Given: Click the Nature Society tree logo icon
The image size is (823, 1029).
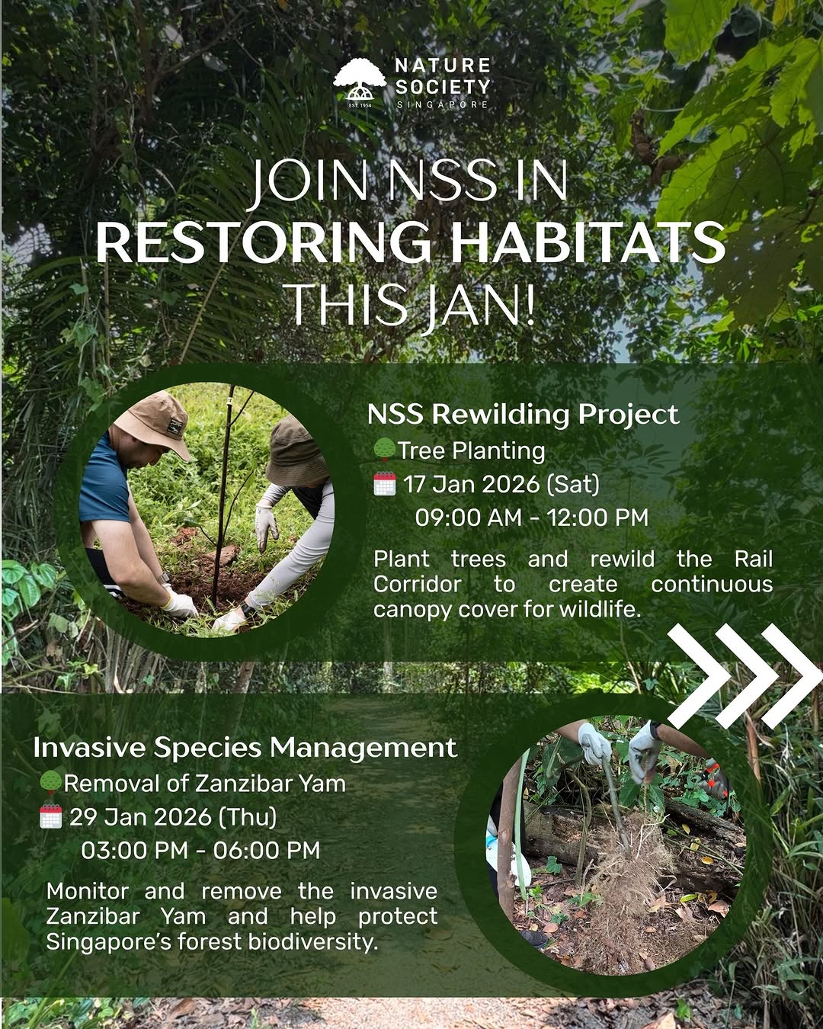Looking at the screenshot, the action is (x=360, y=82).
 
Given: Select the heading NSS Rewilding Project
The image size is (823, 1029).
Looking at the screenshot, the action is (x=523, y=414).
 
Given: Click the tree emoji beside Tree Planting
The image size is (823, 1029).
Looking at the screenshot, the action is (x=385, y=450).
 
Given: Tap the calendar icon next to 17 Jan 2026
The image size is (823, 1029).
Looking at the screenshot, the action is (x=385, y=483).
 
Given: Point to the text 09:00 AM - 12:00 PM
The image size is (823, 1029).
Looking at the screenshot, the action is (x=531, y=518).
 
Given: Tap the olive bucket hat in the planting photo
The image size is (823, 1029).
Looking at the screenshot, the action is (x=296, y=452).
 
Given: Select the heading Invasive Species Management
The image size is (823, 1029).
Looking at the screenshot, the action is (x=245, y=748).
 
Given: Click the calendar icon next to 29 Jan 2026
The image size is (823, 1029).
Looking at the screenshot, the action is (x=51, y=816).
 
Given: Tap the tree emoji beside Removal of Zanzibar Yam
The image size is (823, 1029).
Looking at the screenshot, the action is (x=51, y=783).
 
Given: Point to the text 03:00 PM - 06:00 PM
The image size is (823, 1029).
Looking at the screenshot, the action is (x=200, y=850).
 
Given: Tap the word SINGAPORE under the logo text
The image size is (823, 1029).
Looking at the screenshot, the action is (x=442, y=104).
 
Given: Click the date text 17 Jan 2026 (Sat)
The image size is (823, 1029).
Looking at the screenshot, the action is (x=501, y=484).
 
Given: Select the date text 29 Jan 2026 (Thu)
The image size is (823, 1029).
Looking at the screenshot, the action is (x=173, y=816).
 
